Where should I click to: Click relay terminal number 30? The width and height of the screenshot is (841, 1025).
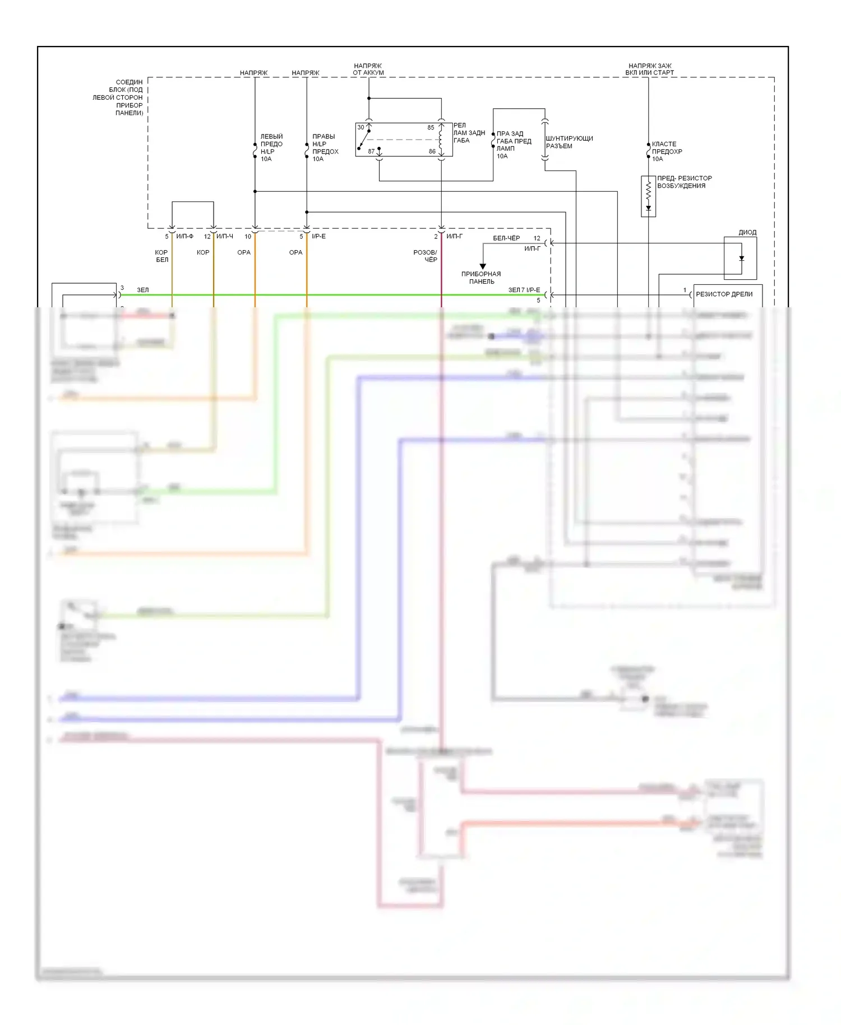click(x=361, y=127)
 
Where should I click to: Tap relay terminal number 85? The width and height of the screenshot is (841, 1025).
click(x=431, y=127)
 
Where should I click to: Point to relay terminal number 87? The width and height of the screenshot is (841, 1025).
click(x=371, y=151)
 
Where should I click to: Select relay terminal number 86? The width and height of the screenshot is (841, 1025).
click(x=432, y=151)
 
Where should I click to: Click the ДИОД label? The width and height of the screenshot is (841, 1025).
click(x=747, y=232)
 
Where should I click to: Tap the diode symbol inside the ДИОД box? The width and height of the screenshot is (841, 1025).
click(x=741, y=258)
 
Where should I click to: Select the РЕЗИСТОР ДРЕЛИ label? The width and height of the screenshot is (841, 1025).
click(x=724, y=294)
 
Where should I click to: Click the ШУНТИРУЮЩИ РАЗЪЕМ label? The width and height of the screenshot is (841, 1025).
click(x=569, y=142)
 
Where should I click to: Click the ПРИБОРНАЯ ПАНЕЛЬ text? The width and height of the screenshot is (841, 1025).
click(x=481, y=278)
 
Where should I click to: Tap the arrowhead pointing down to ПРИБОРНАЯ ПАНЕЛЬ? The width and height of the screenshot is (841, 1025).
click(x=483, y=266)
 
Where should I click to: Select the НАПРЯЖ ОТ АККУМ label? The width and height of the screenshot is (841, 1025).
click(x=368, y=69)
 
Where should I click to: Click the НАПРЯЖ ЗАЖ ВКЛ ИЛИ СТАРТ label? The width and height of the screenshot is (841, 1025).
click(x=649, y=69)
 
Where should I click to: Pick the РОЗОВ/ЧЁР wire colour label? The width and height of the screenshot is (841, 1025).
click(x=425, y=256)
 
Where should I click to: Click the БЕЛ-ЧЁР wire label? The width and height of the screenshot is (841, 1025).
click(x=506, y=238)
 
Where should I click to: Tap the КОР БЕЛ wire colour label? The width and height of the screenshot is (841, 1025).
click(x=161, y=256)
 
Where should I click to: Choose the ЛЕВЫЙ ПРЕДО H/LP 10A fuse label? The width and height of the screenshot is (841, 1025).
click(x=271, y=147)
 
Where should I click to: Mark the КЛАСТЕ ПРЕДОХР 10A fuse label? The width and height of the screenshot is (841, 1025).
click(x=667, y=151)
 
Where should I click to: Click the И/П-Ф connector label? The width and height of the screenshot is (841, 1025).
click(x=184, y=236)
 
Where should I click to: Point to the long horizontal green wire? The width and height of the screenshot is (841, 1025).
click(x=336, y=295)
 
